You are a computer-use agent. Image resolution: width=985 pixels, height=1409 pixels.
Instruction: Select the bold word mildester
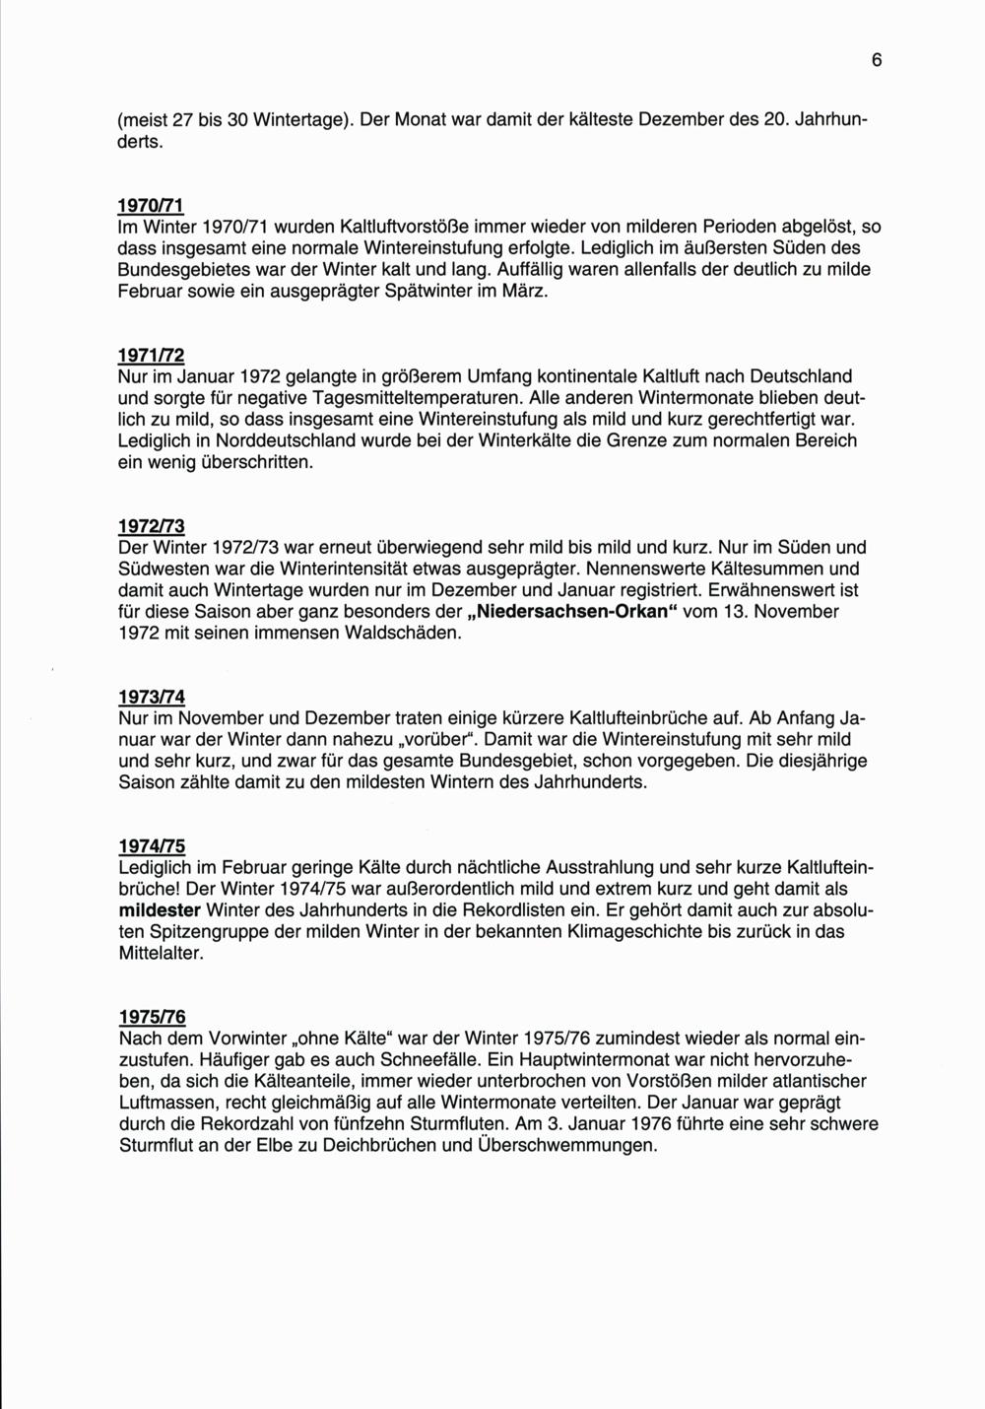(160, 911)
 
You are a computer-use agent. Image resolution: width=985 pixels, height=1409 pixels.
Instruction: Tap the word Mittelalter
(161, 955)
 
